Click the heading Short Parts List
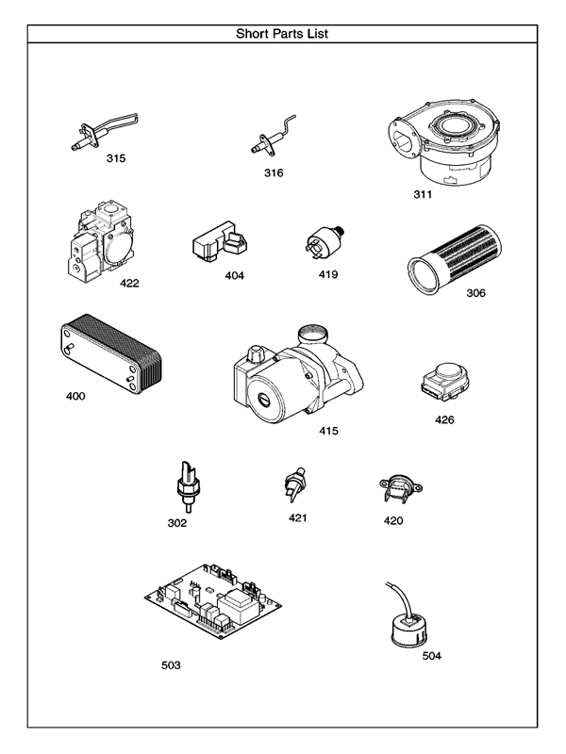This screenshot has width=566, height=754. click(282, 34)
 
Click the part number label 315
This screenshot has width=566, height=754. click(115, 158)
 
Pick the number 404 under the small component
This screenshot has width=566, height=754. click(234, 276)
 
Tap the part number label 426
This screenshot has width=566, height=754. click(444, 419)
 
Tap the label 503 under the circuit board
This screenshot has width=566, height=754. click(171, 664)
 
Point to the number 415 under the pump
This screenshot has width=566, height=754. click(328, 431)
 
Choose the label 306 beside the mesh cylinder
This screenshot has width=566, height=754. click(475, 293)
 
